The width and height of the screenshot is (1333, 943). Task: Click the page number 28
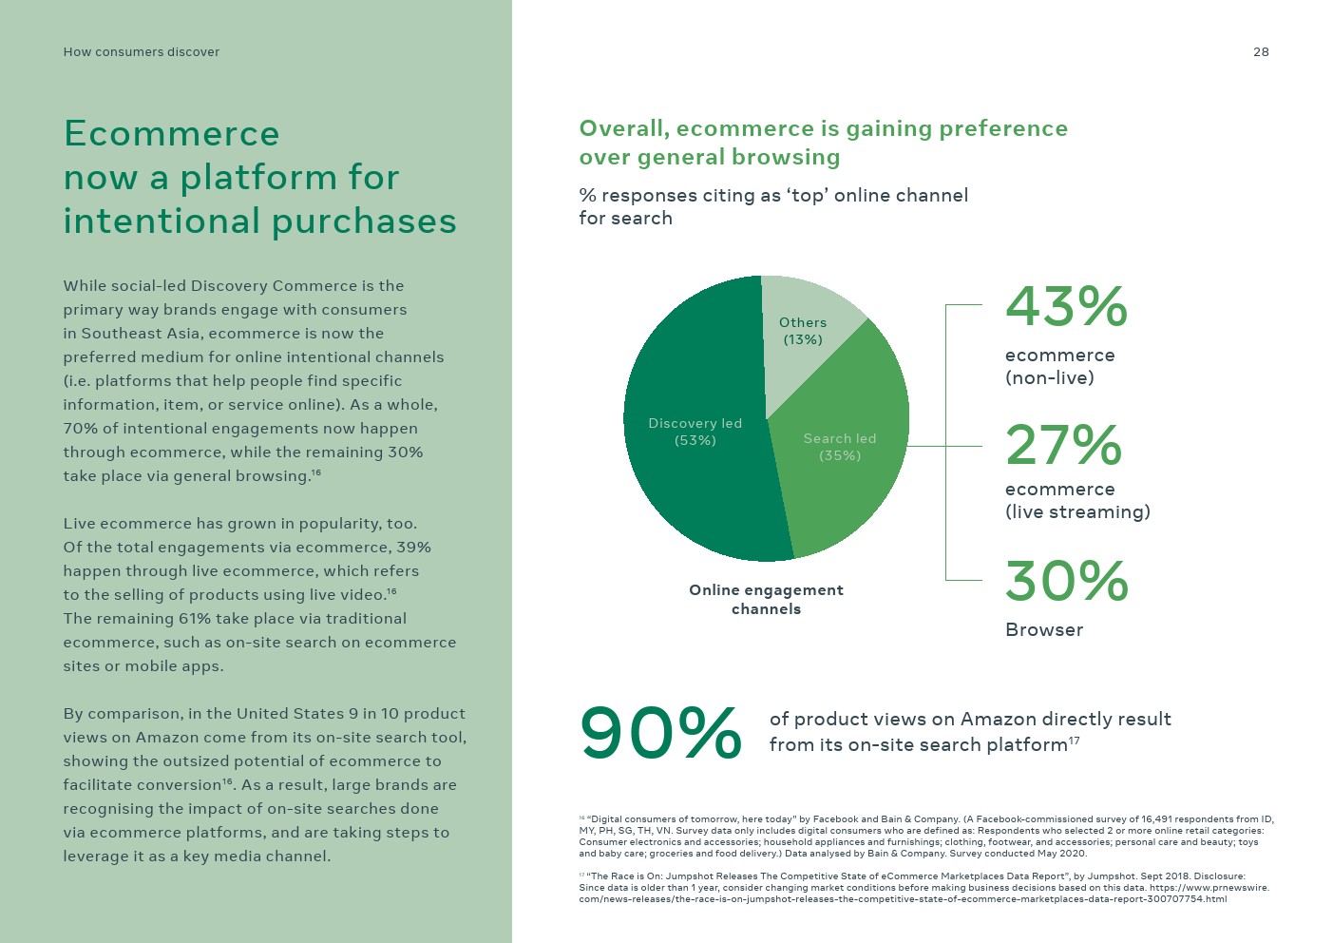1261,52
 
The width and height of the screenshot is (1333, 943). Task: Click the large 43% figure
1066,307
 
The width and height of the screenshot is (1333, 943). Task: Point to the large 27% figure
1063,445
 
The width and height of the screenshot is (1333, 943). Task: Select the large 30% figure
1066,581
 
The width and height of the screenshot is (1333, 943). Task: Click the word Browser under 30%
1044,629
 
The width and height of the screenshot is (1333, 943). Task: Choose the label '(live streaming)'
1077,511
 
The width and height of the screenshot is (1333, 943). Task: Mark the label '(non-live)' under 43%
1049,377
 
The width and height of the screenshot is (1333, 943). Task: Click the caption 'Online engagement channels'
766,599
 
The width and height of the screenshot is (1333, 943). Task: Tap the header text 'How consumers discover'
141,52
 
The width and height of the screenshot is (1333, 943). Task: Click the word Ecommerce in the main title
172,134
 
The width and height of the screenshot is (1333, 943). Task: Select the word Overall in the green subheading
623,129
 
